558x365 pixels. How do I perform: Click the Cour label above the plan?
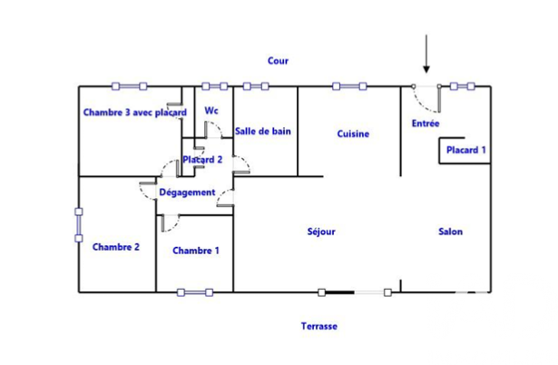pos(278,61)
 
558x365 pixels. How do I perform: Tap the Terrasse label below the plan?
pos(319,326)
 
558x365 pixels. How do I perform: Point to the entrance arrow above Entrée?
pos(426,54)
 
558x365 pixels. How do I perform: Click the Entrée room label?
pos(426,123)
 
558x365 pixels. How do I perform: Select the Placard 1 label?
pos(466,150)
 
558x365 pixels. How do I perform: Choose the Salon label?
pos(451,232)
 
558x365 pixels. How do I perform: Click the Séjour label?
pos(321,232)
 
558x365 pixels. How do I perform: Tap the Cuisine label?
pos(353,133)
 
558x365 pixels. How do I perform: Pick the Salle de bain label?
pos(263,132)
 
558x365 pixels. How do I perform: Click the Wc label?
pos(211,111)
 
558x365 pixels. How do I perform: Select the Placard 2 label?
pos(202,160)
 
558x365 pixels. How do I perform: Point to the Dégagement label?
pos(187,192)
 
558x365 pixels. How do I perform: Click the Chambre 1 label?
pos(196,251)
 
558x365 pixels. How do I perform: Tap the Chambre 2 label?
pos(116,247)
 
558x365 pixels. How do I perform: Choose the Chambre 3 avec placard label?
pos(135,113)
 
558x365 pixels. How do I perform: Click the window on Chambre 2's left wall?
pos(79,225)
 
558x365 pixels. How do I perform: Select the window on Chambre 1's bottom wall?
pos(195,292)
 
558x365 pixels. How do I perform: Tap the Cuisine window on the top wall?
pos(349,86)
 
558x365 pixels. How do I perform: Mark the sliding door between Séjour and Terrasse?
pos(355,292)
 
